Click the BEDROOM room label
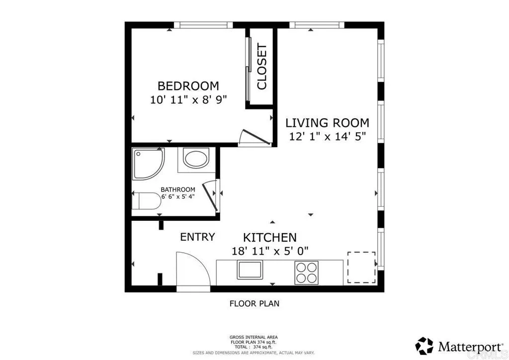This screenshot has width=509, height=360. [188, 86]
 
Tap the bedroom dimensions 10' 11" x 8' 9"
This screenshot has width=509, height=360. [188, 99]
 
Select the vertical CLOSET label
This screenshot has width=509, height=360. [261, 67]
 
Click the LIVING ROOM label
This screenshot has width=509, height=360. [327, 123]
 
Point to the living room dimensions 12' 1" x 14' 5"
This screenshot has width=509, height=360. [327, 137]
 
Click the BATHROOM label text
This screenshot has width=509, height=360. [177, 189]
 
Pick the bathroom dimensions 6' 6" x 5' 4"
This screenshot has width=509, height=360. [177, 196]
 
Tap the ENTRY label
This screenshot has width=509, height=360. [197, 237]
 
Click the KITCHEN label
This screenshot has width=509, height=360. [270, 238]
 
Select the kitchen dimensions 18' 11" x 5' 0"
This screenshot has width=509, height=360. [270, 251]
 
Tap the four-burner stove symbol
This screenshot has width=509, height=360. [306, 272]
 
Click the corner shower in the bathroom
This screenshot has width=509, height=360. [147, 165]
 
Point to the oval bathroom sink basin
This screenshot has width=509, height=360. [197, 160]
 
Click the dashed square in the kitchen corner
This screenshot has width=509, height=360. [361, 268]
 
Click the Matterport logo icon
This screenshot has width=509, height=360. [424, 345]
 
